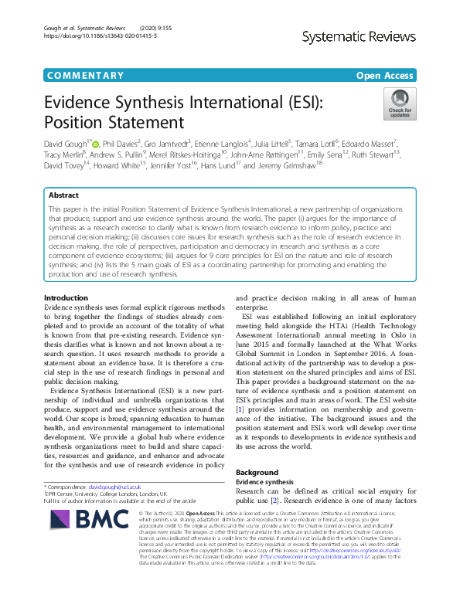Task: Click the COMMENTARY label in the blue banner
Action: (85, 76)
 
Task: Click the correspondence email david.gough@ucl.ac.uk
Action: (109, 488)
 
